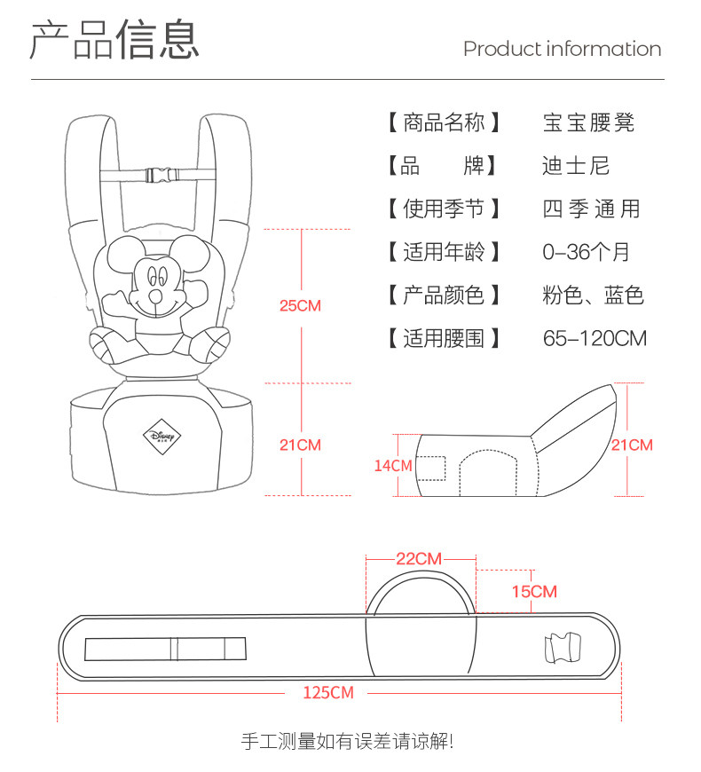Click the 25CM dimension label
[x=300, y=305]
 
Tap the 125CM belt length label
[x=328, y=692]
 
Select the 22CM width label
[x=418, y=558]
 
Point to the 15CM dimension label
[x=534, y=591]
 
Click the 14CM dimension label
[x=393, y=465]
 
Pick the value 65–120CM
[x=595, y=338]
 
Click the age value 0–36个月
[x=587, y=252]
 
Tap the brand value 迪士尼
[x=576, y=166]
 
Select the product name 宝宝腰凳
[x=589, y=122]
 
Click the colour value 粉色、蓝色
[x=593, y=295]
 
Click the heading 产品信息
[x=115, y=40]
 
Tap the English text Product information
[x=562, y=49]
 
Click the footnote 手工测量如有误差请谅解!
[x=348, y=740]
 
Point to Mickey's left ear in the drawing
[x=122, y=254]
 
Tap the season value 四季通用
[x=590, y=209]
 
